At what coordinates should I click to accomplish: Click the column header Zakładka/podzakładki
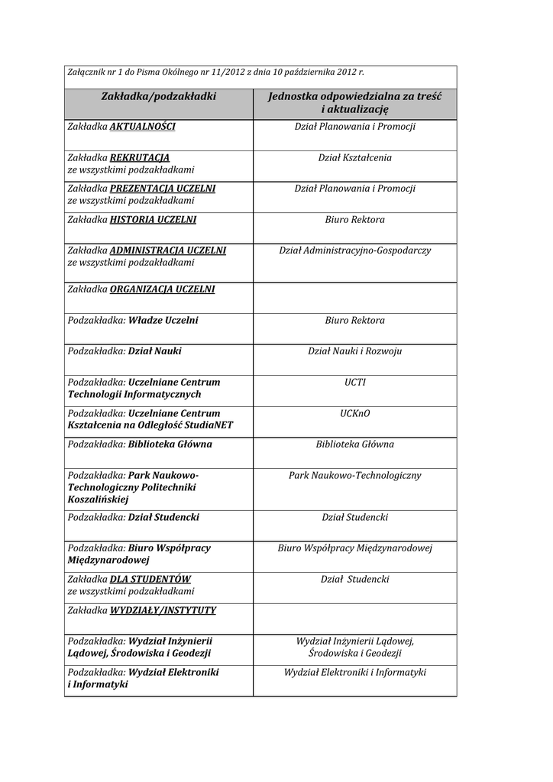[x=158, y=96]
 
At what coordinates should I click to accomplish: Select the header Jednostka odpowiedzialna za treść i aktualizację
[x=354, y=103]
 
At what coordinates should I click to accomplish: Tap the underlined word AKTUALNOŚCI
[x=143, y=127]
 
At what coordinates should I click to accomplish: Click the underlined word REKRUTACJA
[x=140, y=158]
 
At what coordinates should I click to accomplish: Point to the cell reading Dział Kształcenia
[x=354, y=158]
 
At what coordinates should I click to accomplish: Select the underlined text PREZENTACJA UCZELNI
[x=163, y=189]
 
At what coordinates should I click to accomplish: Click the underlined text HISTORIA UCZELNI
[x=153, y=220]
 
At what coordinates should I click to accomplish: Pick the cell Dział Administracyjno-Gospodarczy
[x=354, y=250]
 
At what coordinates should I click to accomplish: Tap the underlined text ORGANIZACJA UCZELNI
[x=162, y=289]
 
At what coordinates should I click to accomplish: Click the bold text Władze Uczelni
[x=163, y=321]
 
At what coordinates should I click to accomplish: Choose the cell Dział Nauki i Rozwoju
[x=354, y=351]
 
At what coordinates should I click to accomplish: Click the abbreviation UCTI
[x=354, y=383]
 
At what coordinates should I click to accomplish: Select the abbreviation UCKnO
[x=354, y=414]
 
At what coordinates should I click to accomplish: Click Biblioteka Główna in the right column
[x=354, y=444]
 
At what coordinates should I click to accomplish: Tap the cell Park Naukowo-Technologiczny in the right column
[x=354, y=476]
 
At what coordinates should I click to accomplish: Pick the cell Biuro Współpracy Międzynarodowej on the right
[x=354, y=548]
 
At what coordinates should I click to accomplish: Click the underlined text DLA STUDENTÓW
[x=150, y=580]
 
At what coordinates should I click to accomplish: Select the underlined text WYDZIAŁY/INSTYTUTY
[x=163, y=611]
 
